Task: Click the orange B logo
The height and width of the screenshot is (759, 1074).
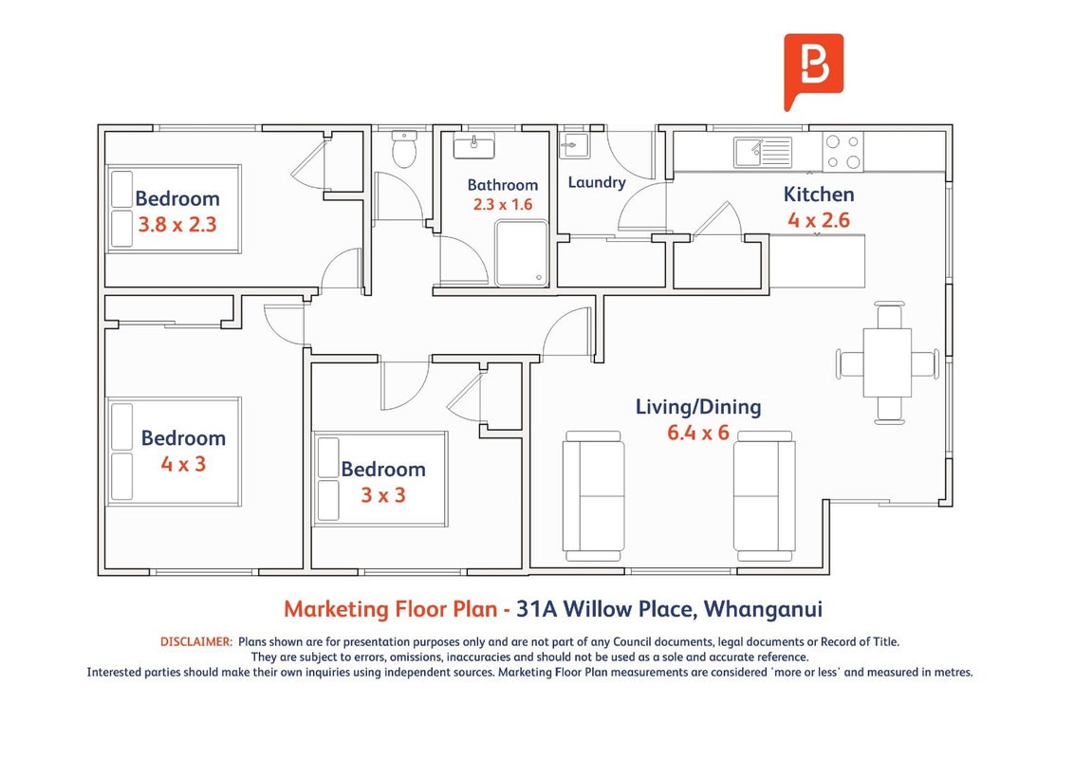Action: click(x=813, y=70)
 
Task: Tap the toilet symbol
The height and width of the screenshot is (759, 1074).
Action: click(x=404, y=149)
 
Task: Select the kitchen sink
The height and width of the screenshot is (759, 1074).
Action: click(x=763, y=152)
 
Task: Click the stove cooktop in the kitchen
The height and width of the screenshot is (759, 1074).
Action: click(x=843, y=152)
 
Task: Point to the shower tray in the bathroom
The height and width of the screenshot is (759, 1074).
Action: click(x=521, y=252)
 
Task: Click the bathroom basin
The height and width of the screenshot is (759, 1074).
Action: click(x=474, y=145)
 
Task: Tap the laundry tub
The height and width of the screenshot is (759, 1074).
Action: click(x=573, y=145)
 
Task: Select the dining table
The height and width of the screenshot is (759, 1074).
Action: click(x=887, y=363)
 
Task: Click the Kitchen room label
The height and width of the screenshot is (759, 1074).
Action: click(x=819, y=194)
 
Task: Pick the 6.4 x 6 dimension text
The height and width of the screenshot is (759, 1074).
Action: click(x=698, y=433)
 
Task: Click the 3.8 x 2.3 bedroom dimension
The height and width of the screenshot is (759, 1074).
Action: click(x=177, y=224)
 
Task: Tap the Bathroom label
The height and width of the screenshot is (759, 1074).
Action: click(x=503, y=185)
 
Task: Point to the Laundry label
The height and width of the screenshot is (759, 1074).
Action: click(x=597, y=182)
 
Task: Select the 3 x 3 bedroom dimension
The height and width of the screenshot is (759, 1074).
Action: click(x=383, y=495)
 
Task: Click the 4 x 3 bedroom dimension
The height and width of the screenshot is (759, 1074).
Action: click(x=183, y=464)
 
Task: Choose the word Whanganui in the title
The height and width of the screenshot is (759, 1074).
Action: click(x=763, y=609)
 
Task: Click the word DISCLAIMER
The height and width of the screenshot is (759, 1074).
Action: click(x=196, y=642)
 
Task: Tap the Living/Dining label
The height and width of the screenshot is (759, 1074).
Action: click(x=698, y=407)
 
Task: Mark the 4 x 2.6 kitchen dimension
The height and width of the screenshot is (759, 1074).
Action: click(x=819, y=220)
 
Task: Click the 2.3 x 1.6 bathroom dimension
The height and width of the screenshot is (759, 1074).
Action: click(x=503, y=204)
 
